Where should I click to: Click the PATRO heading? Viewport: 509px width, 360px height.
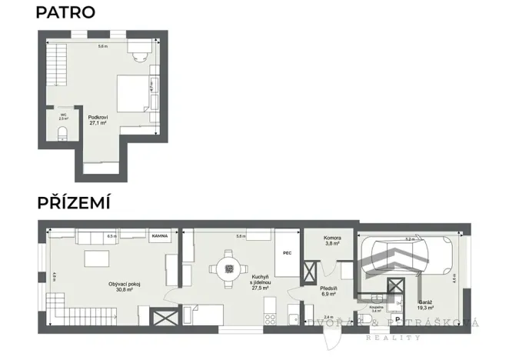[x=65, y=12]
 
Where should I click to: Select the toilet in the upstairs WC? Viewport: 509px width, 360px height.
[x=63, y=137]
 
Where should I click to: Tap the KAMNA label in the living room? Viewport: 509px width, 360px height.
[x=160, y=236]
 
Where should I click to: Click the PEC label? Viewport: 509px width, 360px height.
[x=286, y=252]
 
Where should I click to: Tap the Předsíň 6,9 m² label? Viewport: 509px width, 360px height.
[x=330, y=292]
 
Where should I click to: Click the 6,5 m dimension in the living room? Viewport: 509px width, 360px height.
[x=111, y=235]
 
